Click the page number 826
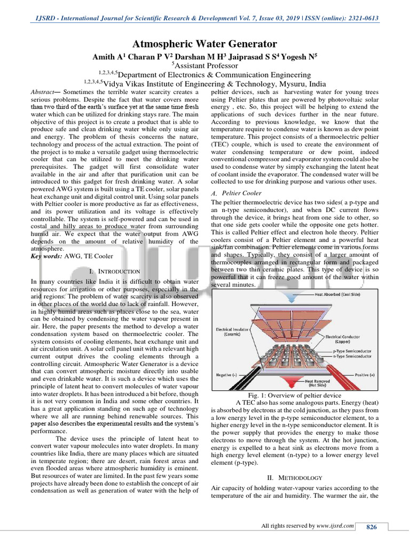[371, 527]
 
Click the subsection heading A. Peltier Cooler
[236, 193]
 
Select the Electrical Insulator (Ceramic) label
[232, 332]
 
